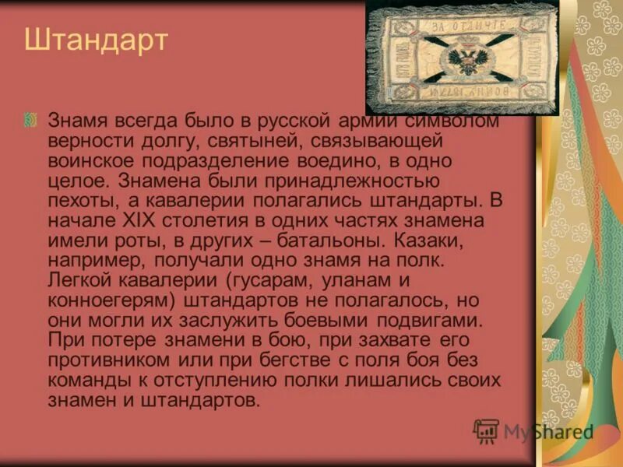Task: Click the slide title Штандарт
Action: (x=96, y=40)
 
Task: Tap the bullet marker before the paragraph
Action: (x=30, y=119)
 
